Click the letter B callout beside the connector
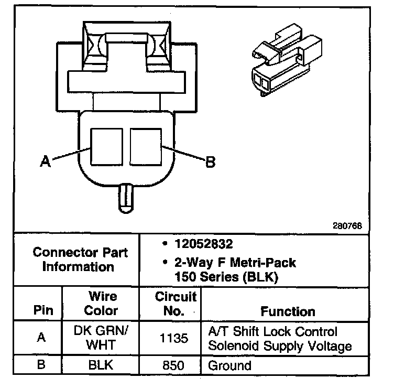click(x=210, y=163)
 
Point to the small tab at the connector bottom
click(x=126, y=198)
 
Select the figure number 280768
click(x=346, y=226)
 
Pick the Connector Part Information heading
click(x=80, y=260)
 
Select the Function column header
click(x=288, y=311)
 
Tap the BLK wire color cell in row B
click(x=101, y=365)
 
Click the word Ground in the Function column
click(x=229, y=365)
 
